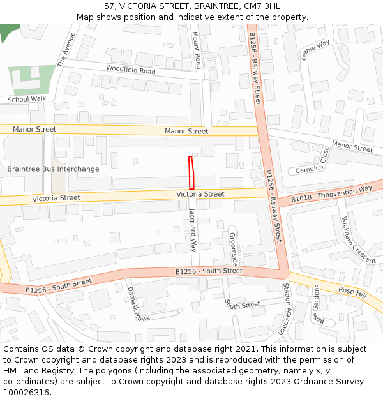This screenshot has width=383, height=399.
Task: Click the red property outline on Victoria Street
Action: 191,172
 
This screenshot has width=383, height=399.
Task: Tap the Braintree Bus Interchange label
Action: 53,169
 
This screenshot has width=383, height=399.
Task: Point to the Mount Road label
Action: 197,52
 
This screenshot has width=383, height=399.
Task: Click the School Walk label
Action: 27,99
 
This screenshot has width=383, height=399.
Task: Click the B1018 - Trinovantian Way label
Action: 331,194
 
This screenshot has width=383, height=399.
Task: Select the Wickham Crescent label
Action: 358,239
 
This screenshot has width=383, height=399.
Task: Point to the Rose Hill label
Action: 353,291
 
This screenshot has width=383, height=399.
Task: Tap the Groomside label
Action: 234,249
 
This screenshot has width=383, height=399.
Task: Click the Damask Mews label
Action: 138,305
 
